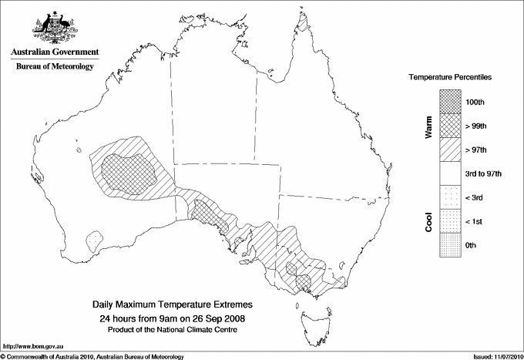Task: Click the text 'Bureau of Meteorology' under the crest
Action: (54, 66)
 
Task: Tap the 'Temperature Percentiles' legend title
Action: (451, 78)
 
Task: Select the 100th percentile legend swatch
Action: (451, 101)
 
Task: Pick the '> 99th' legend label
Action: (475, 125)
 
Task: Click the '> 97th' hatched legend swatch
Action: (451, 149)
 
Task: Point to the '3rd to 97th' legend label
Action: (483, 173)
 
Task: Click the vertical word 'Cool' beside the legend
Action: (428, 221)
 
